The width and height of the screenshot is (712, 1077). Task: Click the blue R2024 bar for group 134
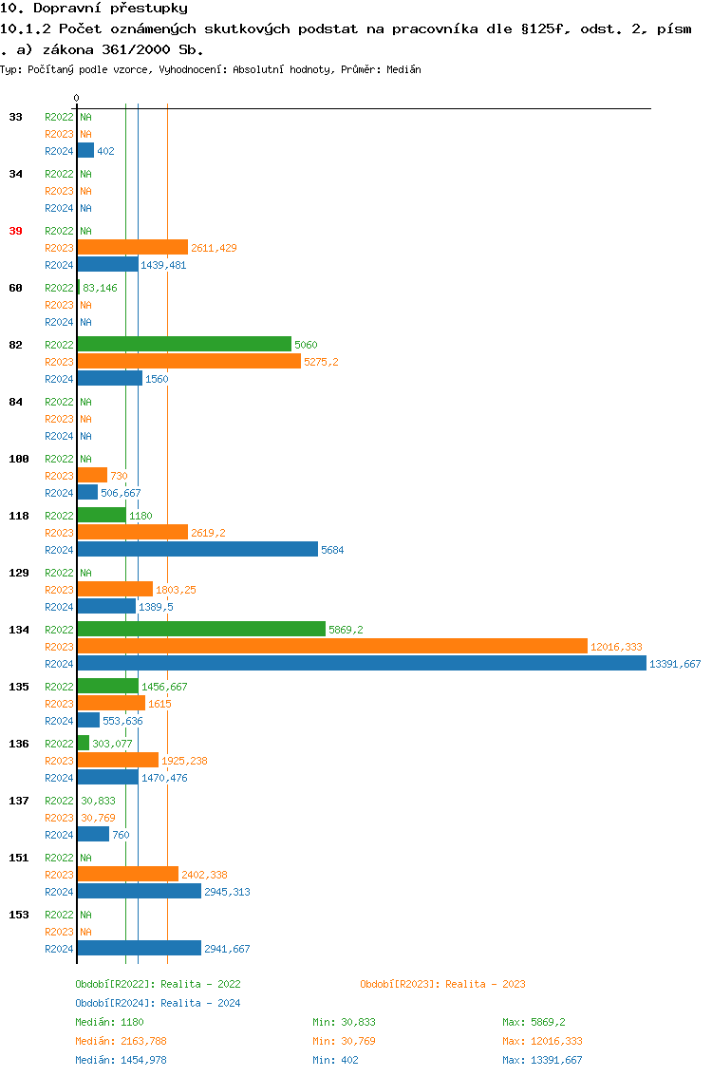361,663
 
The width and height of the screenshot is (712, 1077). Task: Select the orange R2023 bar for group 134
332,646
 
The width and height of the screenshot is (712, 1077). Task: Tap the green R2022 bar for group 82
184,344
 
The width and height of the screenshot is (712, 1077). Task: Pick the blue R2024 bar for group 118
197,549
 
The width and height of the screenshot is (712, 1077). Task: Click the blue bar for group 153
139,948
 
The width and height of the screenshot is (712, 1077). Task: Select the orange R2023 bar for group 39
132,247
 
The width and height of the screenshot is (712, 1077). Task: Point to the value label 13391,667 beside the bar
675,664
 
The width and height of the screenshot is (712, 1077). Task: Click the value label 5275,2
321,362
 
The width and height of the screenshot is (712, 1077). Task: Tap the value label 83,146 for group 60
100,288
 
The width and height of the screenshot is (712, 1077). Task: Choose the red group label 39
15,231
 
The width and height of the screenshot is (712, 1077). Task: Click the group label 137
18,801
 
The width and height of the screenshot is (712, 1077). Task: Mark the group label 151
18,858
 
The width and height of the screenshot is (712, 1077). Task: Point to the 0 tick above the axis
77,98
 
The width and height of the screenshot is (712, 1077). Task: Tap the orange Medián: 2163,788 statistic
121,1041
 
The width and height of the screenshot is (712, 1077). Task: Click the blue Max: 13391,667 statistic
542,1060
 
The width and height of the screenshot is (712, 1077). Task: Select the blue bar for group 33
85,150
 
